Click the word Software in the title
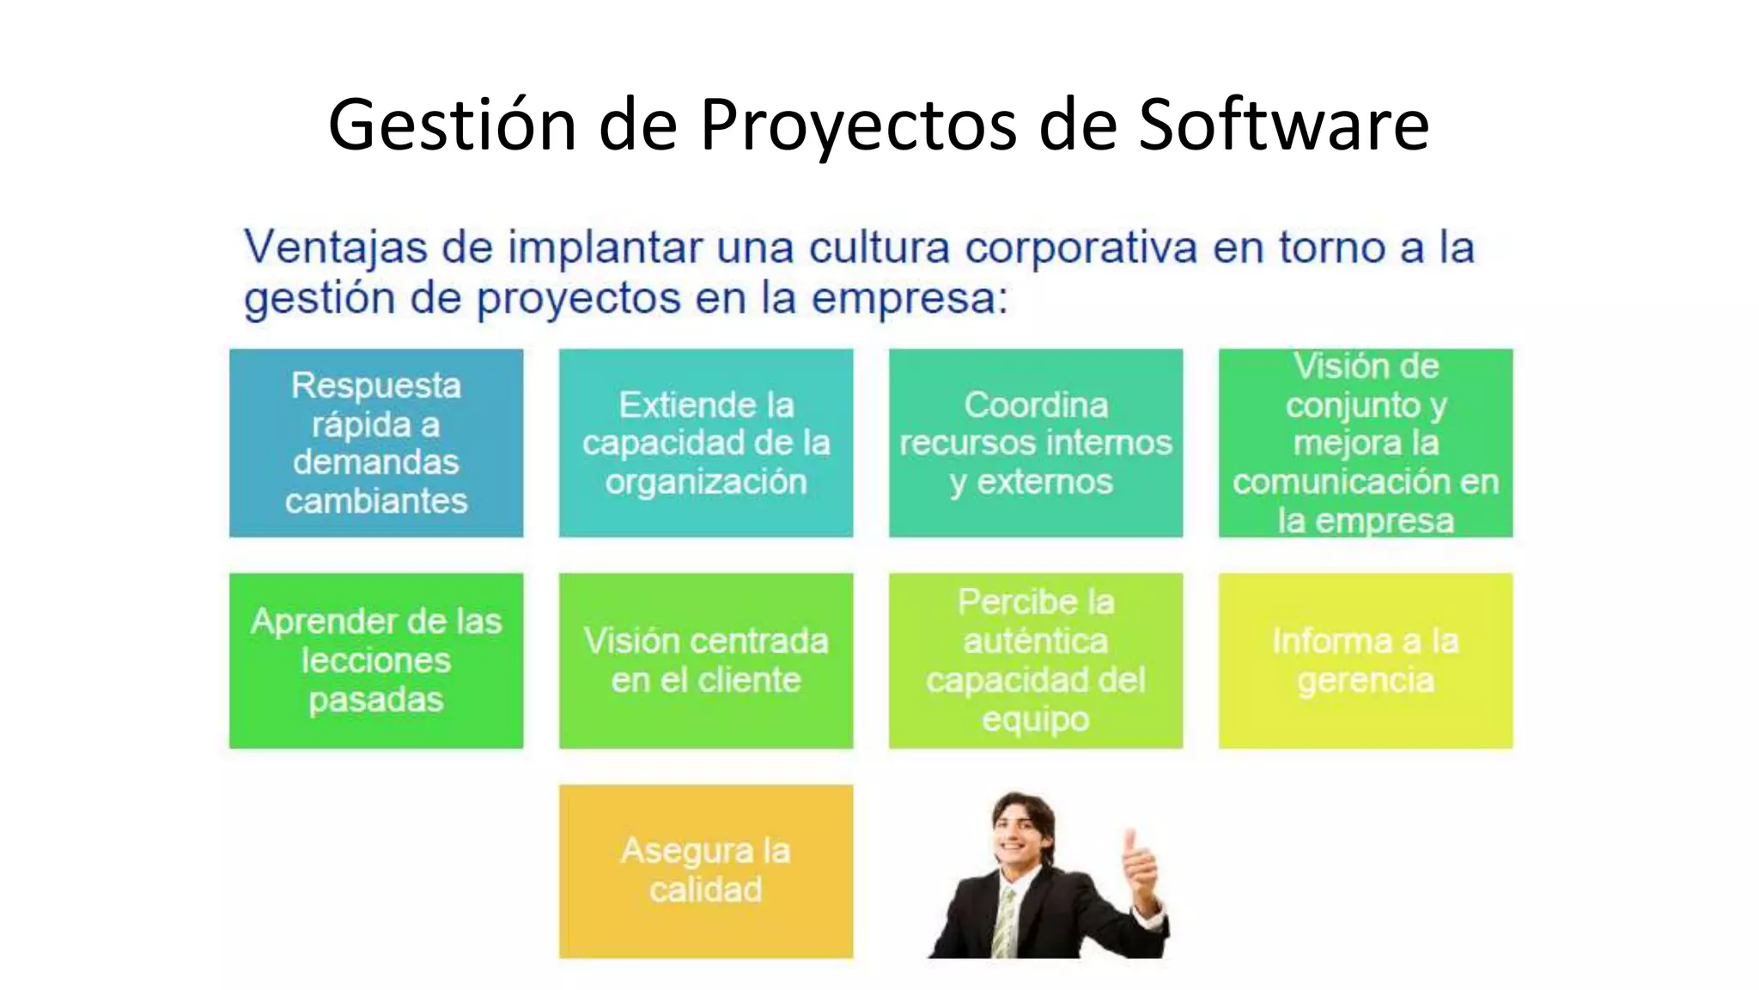pyautogui.click(x=1283, y=125)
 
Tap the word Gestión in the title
pyautogui.click(x=452, y=125)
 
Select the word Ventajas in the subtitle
pyautogui.click(x=336, y=248)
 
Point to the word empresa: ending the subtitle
pyautogui.click(x=910, y=299)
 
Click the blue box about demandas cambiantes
pyautogui.click(x=376, y=443)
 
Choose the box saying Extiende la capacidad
pyautogui.click(x=706, y=443)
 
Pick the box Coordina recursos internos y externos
pyautogui.click(x=1036, y=443)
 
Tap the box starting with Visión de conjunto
pyautogui.click(x=1366, y=443)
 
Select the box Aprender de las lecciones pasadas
pyautogui.click(x=376, y=660)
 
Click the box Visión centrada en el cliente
pyautogui.click(x=706, y=660)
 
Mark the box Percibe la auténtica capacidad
pyautogui.click(x=1036, y=660)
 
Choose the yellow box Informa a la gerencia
pyautogui.click(x=1366, y=660)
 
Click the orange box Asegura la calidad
pyautogui.click(x=706, y=871)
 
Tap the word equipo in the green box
pyautogui.click(x=1036, y=718)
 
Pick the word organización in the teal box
pyautogui.click(x=706, y=482)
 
